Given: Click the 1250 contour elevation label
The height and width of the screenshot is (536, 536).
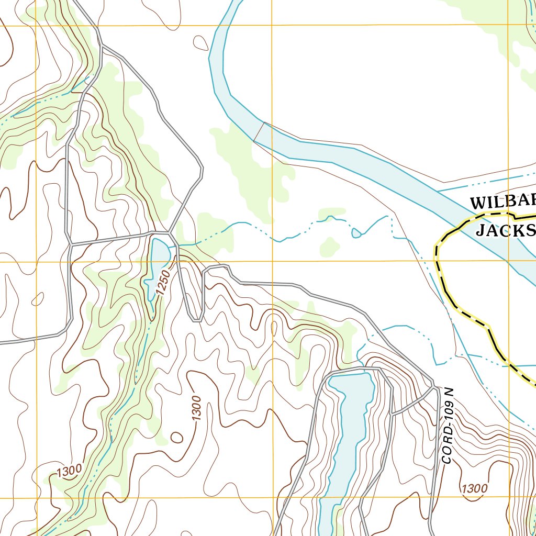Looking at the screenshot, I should pyautogui.click(x=162, y=283).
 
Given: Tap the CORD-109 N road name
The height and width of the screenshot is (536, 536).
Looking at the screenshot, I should pyautogui.click(x=447, y=426).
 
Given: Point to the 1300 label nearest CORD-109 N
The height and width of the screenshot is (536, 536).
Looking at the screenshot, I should pyautogui.click(x=474, y=489).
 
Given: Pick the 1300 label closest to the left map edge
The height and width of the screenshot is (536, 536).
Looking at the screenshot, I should pyautogui.click(x=69, y=471).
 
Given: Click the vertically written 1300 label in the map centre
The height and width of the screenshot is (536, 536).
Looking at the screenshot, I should pyautogui.click(x=196, y=408).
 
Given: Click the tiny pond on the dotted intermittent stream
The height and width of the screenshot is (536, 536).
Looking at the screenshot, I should pyautogui.click(x=356, y=232).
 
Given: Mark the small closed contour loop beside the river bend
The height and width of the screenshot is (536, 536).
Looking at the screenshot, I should pyautogui.click(x=200, y=42).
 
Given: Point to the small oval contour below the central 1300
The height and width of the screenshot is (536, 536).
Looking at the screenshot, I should pyautogui.click(x=177, y=437).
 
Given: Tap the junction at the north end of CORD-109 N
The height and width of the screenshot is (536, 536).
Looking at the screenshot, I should pyautogui.click(x=434, y=387).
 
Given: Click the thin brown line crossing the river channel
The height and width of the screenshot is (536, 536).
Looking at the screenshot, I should pyautogui.click(x=259, y=132).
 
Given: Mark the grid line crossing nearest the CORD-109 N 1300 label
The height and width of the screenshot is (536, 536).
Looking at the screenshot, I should pyautogui.click(x=508, y=497).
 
